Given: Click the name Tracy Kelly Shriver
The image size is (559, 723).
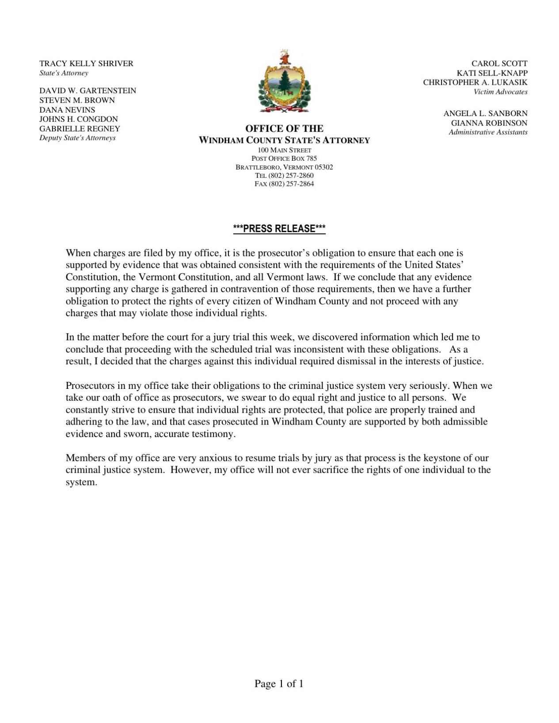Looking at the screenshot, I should (x=86, y=64).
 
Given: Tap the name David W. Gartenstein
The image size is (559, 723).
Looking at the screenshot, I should (x=87, y=90).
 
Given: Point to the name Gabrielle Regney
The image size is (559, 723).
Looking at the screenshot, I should (x=80, y=128).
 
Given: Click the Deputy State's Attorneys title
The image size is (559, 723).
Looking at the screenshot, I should (x=77, y=138).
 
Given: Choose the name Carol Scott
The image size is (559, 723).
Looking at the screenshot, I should (x=499, y=64).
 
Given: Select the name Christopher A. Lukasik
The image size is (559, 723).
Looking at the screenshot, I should (x=475, y=82).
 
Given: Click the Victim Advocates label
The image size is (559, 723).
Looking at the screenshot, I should (x=500, y=92).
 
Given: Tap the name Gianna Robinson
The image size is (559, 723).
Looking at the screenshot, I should (x=489, y=123).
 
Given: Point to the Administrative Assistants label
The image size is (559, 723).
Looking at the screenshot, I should (x=488, y=132).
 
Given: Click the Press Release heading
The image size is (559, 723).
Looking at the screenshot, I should (x=279, y=229).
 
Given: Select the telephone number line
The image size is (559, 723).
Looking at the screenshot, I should (x=284, y=175).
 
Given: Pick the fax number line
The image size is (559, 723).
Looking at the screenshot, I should (x=284, y=184).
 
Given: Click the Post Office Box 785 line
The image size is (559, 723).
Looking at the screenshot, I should (x=284, y=158).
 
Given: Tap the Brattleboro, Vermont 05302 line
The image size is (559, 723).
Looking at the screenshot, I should (x=284, y=167).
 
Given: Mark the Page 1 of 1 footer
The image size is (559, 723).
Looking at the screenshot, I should (x=279, y=684).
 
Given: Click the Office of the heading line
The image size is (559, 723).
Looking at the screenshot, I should (x=284, y=128).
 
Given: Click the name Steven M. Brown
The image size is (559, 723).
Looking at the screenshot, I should (x=77, y=100).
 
